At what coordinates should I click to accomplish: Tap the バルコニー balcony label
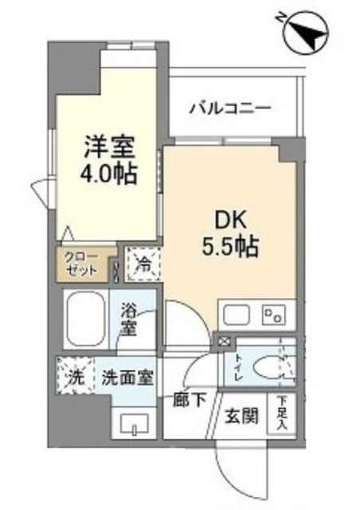click(x=230, y=108)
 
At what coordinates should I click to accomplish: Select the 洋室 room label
click(x=111, y=146)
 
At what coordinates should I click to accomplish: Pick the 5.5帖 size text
click(x=228, y=245)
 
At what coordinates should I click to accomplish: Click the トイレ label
click(x=237, y=367)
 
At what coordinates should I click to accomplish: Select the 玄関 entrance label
click(x=240, y=416)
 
